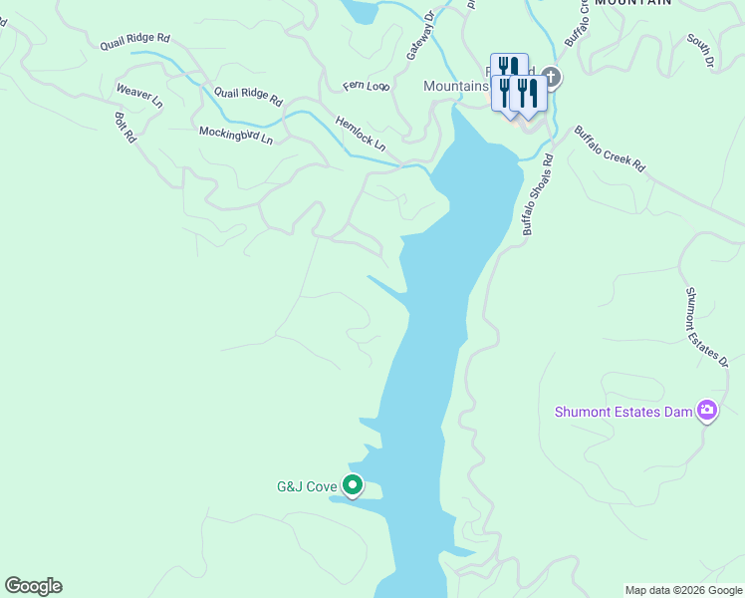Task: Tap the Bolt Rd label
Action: click(124, 127)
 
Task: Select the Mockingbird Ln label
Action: click(235, 134)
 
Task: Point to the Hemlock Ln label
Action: click(361, 133)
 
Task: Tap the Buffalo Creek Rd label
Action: click(610, 149)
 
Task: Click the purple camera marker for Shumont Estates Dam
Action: click(707, 410)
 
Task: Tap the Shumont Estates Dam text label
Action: click(623, 412)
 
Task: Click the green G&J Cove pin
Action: click(353, 485)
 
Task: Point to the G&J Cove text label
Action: click(307, 487)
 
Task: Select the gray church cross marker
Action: click(551, 77)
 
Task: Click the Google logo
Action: click(33, 586)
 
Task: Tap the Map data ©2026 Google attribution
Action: click(682, 590)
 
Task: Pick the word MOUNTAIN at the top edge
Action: click(632, 4)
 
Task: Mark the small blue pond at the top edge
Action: click(361, 10)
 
